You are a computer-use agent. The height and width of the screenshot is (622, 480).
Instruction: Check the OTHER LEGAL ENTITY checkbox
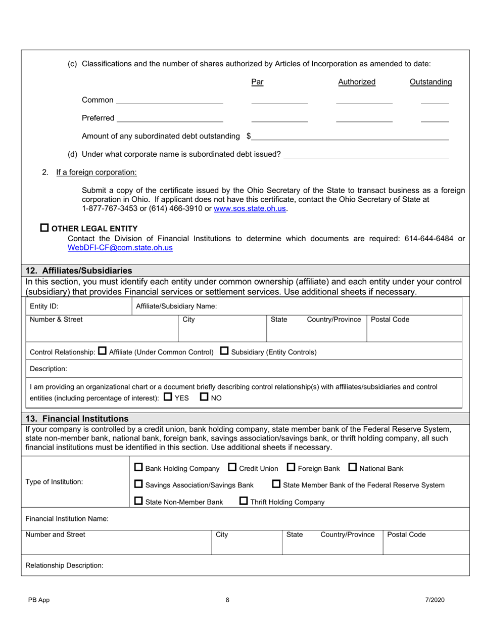tap(44, 228)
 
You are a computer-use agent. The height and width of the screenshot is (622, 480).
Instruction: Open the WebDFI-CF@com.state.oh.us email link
tap(120, 248)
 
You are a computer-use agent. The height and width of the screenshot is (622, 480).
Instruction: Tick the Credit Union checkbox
tap(232, 468)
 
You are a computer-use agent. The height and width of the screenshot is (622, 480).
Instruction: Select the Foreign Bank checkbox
tap(291, 468)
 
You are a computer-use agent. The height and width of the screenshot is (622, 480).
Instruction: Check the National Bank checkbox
tap(353, 468)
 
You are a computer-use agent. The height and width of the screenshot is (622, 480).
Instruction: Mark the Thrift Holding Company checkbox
tap(244, 502)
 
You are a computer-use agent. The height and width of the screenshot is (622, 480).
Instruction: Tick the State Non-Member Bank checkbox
tap(138, 502)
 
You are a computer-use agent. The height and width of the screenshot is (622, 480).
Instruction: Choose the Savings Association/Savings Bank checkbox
tap(138, 484)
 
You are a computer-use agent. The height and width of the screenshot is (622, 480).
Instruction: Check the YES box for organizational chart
tap(168, 397)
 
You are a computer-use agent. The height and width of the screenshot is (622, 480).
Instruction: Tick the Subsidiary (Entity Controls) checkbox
tap(225, 351)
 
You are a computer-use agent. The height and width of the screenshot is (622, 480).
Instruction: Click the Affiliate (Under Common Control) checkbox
tap(102, 351)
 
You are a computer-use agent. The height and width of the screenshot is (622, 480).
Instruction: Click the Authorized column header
tap(357, 82)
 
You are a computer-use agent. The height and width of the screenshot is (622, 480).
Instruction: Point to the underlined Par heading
tap(257, 82)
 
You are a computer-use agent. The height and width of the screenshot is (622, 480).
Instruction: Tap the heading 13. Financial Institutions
tap(77, 419)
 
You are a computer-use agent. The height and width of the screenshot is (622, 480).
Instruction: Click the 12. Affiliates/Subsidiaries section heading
tap(79, 271)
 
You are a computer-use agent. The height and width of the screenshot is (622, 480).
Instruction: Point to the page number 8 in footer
tap(227, 600)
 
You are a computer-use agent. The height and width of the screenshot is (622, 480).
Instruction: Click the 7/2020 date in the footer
tap(435, 600)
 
